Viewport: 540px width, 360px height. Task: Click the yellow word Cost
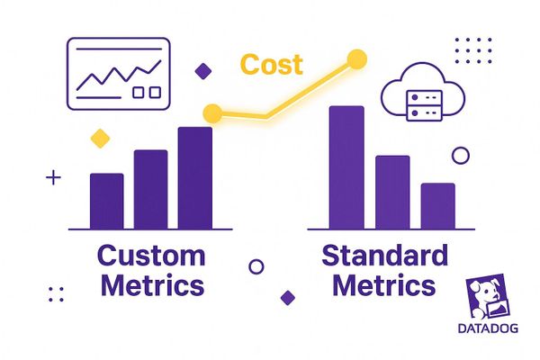[x=271, y=65]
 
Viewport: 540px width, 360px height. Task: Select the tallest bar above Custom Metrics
[x=195, y=178]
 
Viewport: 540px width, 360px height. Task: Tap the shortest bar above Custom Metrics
[x=107, y=201]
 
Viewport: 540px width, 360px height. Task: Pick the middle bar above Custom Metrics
[x=151, y=189]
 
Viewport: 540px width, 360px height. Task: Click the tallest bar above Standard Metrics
[x=346, y=167]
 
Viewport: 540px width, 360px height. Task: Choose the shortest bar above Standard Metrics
[x=437, y=206]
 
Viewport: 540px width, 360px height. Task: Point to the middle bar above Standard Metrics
[x=392, y=192]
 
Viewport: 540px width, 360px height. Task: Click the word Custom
[x=151, y=256]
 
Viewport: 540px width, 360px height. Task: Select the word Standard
[x=384, y=256]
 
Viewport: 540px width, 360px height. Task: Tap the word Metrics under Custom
[x=152, y=287]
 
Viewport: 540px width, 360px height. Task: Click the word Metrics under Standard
[x=384, y=287]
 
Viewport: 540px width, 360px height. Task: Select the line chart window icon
[x=118, y=74]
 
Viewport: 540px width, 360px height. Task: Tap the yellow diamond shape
[x=100, y=138]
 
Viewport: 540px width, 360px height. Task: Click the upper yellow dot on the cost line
[x=356, y=60]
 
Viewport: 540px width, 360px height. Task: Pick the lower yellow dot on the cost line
[x=213, y=113]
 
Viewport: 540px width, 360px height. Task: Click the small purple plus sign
[x=53, y=178]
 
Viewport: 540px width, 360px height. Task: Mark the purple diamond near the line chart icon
[x=204, y=70]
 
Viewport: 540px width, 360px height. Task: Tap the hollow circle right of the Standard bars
[x=460, y=156]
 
